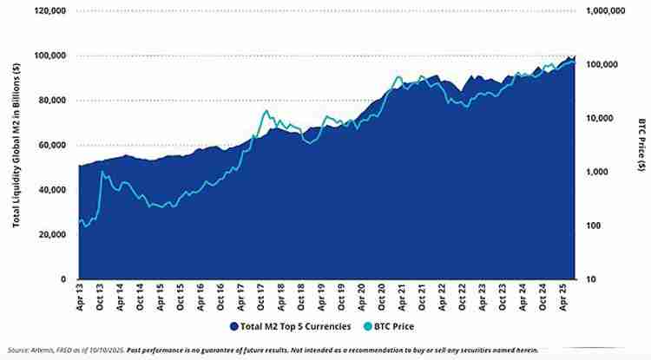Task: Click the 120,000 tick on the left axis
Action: point(49,10)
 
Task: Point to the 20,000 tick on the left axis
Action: point(52,234)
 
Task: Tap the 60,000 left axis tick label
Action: point(52,145)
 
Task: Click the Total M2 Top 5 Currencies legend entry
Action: point(294,326)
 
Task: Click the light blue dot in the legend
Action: point(368,326)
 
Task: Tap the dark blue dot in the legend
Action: point(234,326)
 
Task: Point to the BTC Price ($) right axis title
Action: point(640,144)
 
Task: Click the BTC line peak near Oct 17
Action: point(266,110)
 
